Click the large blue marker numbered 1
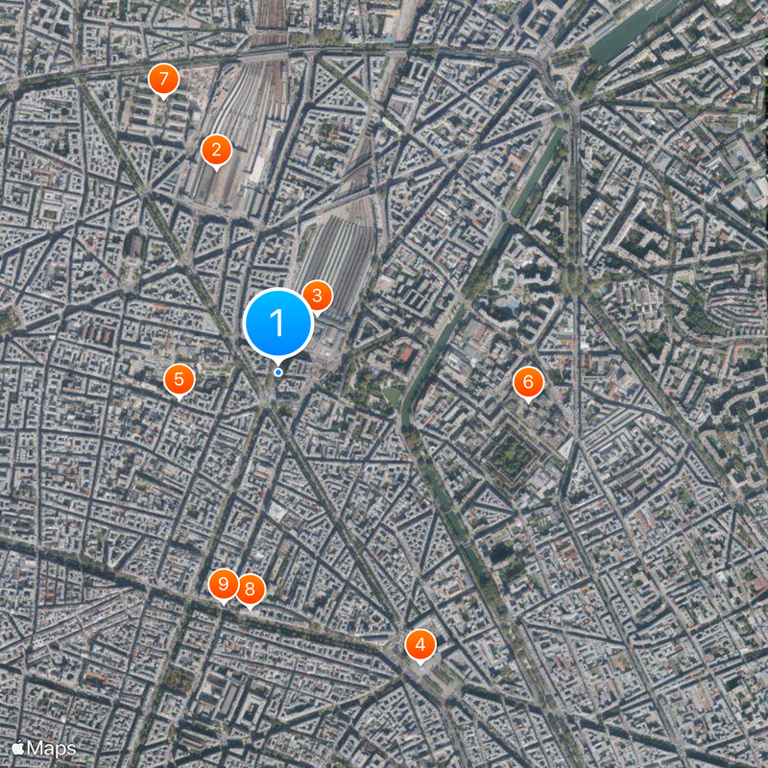278,324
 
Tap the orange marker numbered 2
216,150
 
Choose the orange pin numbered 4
420,644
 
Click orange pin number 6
526,383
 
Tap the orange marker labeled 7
164,79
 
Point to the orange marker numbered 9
224,584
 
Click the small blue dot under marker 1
278,372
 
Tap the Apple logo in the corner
18,747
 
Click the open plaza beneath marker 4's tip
427,672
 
